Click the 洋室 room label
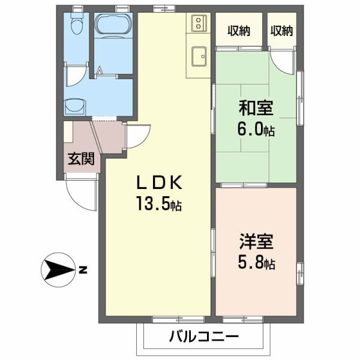click(256, 243)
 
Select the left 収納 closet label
click(238, 31)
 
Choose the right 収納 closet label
click(281, 31)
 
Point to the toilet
click(76, 26)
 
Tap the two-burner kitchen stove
click(198, 24)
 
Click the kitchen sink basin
click(197, 59)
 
